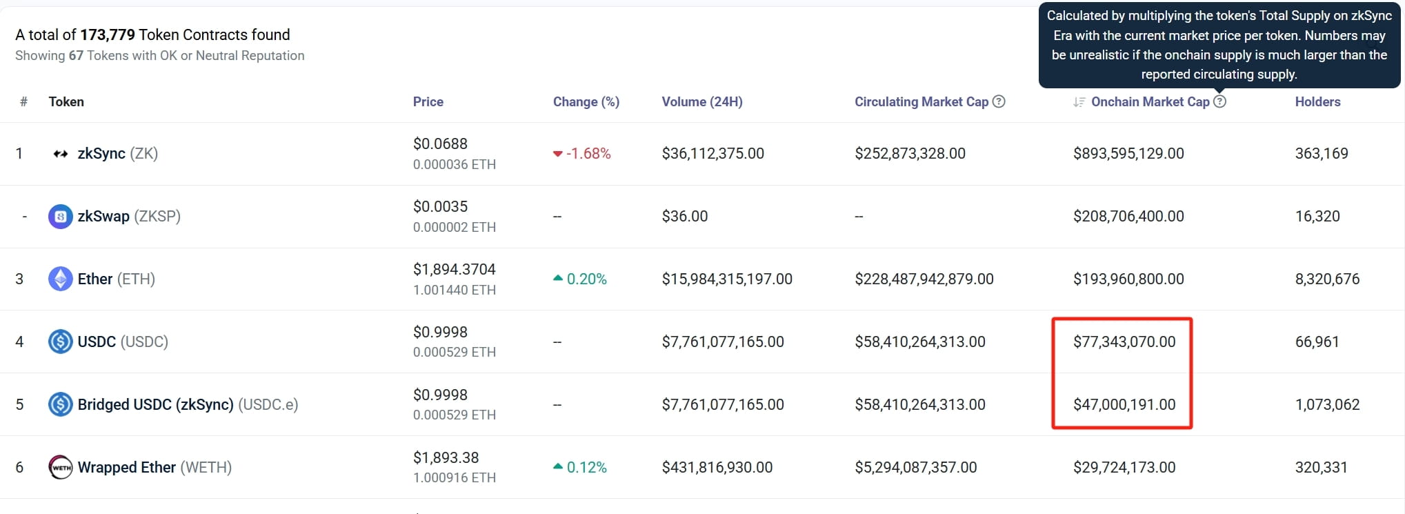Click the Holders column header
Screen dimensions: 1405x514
coord(1317,101)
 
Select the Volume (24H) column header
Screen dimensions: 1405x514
coord(702,101)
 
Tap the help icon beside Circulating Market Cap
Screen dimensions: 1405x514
coord(999,101)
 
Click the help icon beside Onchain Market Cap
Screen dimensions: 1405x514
coord(1219,101)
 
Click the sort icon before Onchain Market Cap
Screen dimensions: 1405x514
coord(1079,102)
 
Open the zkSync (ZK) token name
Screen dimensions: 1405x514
coord(118,153)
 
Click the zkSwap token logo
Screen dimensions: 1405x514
coord(61,217)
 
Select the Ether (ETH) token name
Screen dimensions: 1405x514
coord(117,279)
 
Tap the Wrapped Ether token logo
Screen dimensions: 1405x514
coord(61,467)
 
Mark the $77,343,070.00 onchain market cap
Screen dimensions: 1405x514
coord(1124,342)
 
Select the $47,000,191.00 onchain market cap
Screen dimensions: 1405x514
coord(1124,404)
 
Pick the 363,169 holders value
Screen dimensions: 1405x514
coord(1322,153)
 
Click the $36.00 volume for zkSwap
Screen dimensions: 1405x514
coord(685,216)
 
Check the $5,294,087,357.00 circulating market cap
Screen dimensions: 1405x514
coord(916,467)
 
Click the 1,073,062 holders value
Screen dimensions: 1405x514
coord(1327,404)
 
